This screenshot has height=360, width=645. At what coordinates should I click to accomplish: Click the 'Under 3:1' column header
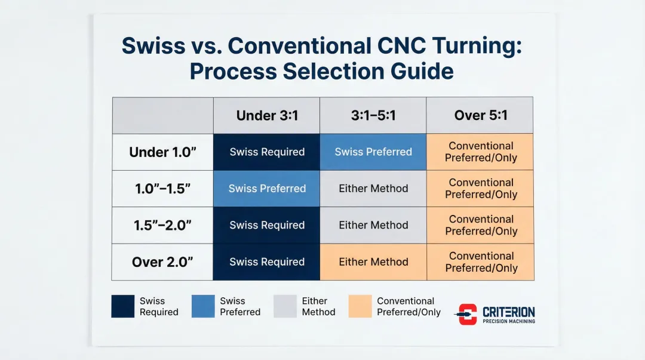(267, 116)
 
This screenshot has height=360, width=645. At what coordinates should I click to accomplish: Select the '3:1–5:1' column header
(373, 116)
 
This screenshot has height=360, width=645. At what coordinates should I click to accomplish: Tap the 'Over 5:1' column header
(480, 116)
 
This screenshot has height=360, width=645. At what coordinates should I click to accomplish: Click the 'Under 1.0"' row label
(162, 152)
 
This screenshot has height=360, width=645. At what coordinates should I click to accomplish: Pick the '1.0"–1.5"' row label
(162, 189)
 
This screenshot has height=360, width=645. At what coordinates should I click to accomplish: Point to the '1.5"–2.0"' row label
(162, 226)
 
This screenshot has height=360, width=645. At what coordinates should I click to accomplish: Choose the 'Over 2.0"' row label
(162, 262)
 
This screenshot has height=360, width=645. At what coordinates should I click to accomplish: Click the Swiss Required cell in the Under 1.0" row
(266, 152)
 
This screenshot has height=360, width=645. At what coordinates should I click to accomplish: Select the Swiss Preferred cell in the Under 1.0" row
(373, 152)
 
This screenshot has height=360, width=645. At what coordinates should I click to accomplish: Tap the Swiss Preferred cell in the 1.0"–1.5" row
(266, 189)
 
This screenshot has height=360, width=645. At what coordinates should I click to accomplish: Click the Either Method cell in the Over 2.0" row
(373, 262)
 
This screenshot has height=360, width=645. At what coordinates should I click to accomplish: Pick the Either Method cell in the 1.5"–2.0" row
(373, 225)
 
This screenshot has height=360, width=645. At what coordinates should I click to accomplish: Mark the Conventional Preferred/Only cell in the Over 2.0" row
(480, 262)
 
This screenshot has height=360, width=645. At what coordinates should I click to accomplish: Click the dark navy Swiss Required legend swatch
(122, 306)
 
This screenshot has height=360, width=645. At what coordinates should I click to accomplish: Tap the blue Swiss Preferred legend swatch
(203, 306)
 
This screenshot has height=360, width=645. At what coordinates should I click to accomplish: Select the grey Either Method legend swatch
(285, 306)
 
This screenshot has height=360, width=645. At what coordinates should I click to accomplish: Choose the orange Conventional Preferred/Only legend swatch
(360, 306)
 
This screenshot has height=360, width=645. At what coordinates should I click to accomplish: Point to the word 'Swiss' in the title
(153, 45)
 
